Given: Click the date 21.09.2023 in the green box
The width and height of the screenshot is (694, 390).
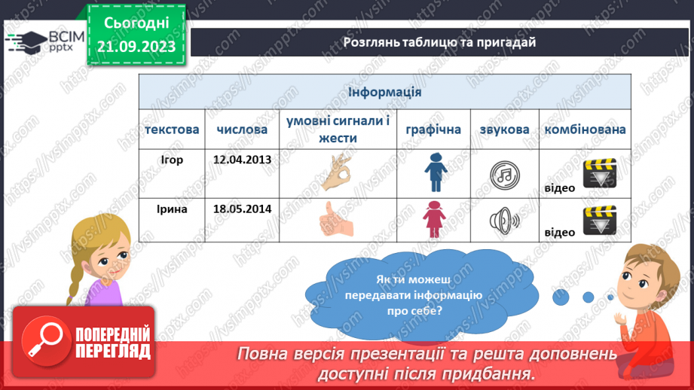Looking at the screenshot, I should tap(136, 47).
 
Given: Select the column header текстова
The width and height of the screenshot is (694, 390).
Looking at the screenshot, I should tap(172, 129).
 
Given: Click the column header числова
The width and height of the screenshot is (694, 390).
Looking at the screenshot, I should tap(242, 129).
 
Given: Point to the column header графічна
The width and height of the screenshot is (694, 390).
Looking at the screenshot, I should tap(433, 129).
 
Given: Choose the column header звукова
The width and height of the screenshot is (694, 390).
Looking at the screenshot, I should tap(504, 129).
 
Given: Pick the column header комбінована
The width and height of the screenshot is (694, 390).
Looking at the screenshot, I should tap(585, 129).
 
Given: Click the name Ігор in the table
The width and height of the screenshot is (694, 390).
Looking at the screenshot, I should tap(172, 160).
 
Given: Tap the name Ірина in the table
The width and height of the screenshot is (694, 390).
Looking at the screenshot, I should tap(172, 209).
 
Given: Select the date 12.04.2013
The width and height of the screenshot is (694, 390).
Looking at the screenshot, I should tap(242, 160).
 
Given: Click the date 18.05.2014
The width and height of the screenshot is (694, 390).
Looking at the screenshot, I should tap(242, 209).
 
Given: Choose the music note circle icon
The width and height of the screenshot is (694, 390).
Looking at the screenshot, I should tap(504, 175).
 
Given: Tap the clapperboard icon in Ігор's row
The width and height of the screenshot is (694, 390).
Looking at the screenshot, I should tap(600, 174).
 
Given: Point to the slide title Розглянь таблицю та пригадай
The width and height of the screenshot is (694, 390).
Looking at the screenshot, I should tap(439, 42).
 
